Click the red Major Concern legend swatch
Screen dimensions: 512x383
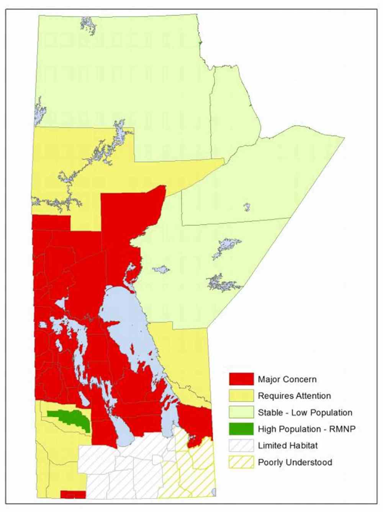241,379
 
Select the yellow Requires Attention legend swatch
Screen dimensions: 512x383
241,395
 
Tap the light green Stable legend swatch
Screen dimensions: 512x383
241,412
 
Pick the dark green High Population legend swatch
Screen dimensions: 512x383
241,429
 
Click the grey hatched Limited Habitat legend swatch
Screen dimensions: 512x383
241,445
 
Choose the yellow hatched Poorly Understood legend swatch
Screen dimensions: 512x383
241,462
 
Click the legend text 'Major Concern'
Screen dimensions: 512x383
287,379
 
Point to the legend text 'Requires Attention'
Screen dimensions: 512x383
294,396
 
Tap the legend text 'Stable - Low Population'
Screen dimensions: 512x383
305,413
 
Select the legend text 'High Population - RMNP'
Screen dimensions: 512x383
306,429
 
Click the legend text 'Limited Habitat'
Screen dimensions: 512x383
288,446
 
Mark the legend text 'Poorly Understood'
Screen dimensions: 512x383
295,463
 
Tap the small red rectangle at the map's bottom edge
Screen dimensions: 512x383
73,495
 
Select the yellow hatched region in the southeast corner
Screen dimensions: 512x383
191,475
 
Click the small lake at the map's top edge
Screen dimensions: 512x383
88,25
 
